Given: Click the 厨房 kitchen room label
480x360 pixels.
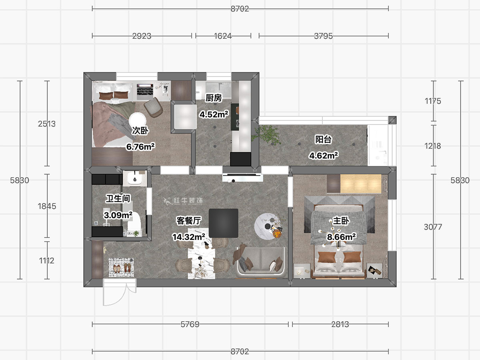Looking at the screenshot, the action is pos(214,98).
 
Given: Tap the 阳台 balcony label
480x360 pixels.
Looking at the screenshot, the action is pos(323,140).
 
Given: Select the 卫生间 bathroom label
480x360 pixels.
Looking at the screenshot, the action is pos(118,198).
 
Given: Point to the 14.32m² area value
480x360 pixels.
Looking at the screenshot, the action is pos(189,237).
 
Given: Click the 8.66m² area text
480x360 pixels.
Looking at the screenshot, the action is pos(341,237).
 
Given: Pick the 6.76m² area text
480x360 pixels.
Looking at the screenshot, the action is pos(140,147).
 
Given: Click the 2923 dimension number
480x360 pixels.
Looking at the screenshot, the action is pos(142,36).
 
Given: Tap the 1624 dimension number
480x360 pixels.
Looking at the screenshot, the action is pos(223,36).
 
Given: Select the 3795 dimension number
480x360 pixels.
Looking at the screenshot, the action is pos(323,36).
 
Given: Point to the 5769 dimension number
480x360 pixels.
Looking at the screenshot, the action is pos(190,324).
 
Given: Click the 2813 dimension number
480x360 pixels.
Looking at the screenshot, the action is pos(340,324).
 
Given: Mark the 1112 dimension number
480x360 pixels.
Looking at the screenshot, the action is pos(46,260).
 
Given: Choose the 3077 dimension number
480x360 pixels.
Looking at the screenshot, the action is pos(433,227).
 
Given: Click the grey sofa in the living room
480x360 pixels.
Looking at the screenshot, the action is pos(261,262).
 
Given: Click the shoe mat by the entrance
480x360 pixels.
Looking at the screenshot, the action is pos(121,267).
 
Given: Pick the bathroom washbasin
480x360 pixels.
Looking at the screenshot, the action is pos(135,178).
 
